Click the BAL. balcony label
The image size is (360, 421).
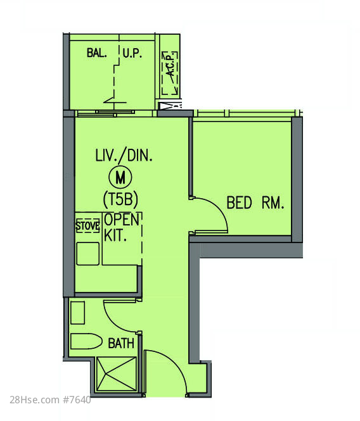tap(97, 53)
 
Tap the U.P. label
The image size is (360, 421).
tap(132, 53)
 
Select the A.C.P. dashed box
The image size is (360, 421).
tap(170, 73)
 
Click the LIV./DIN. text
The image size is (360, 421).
tap(124, 156)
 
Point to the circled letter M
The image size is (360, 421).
tap(120, 177)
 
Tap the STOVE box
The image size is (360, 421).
tap(87, 225)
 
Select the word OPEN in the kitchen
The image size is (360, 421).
tap(122, 220)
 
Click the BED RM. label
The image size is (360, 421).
tap(255, 203)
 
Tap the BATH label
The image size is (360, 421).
tap(121, 343)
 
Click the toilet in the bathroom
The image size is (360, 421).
tap(86, 341)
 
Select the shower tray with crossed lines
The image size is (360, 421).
tap(117, 374)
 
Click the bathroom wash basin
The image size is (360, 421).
tap(78, 313)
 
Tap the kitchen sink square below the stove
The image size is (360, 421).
tap(87, 254)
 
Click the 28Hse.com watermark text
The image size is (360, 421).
tap(35, 399)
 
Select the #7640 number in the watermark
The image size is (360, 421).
tap(77, 399)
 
